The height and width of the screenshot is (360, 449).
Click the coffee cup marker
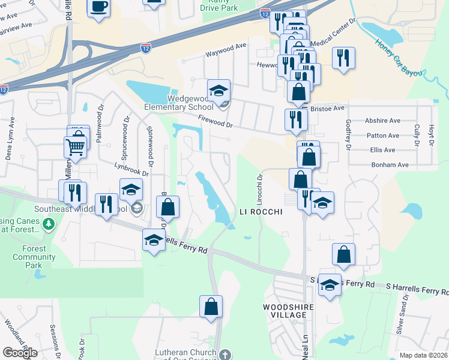[x=98, y=7]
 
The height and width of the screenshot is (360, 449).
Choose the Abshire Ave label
[x=382, y=121]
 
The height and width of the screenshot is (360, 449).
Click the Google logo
[x=20, y=353]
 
